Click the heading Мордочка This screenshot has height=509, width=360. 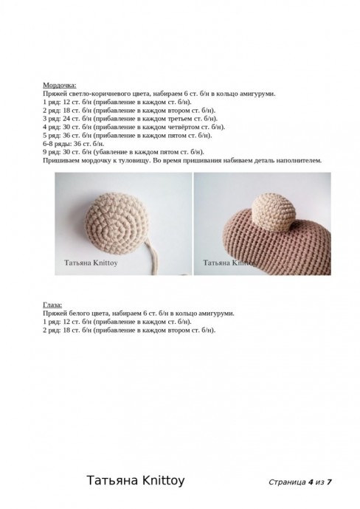pyautogui.click(x=59, y=86)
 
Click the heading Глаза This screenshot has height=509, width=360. pyautogui.click(x=52, y=305)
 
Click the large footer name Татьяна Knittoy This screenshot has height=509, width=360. pyautogui.click(x=136, y=481)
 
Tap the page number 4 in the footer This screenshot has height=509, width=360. pyautogui.click(x=311, y=482)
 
